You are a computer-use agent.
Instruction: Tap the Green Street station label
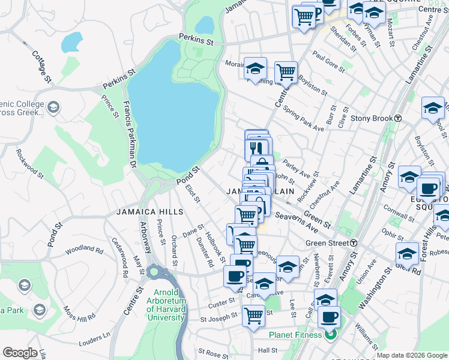pyautogui.click(x=328, y=243)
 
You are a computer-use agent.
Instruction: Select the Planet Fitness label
pyautogui.click(x=295, y=335)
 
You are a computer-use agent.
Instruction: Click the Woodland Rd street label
pyautogui.click(x=85, y=248)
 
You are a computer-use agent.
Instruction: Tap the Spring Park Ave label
pyautogui.click(x=304, y=119)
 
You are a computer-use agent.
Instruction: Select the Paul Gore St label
pyautogui.click(x=328, y=64)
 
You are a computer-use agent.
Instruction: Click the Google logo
pyautogui.click(x=20, y=353)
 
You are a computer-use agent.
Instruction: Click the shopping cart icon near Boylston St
pyautogui.click(x=286, y=73)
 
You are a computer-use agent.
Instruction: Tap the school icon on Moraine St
pyautogui.click(x=255, y=68)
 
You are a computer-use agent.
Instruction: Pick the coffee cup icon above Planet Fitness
pyautogui.click(x=328, y=317)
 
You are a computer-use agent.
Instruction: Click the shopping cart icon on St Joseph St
pyautogui.click(x=254, y=314)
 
